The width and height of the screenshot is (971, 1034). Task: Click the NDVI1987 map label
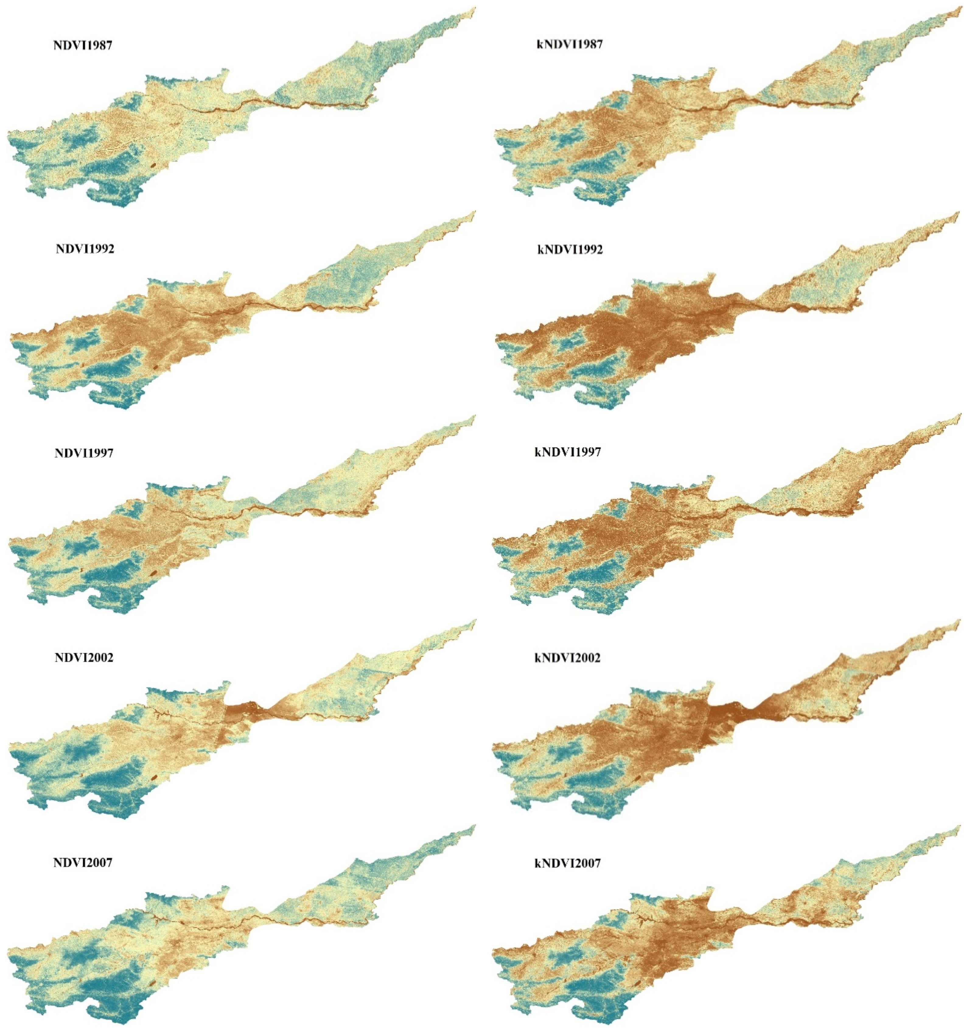(x=83, y=45)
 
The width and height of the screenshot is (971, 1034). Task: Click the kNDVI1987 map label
(x=569, y=44)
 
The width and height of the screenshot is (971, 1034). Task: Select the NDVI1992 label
(x=85, y=249)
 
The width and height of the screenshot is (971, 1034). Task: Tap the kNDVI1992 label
(x=570, y=250)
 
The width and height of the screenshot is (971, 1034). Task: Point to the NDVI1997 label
(x=84, y=453)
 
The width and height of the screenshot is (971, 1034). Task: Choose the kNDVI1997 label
(x=568, y=452)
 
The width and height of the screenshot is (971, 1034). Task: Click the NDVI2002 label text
(x=84, y=657)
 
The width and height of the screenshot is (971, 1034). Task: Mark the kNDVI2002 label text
(x=568, y=658)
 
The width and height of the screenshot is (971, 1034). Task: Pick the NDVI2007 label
(x=83, y=862)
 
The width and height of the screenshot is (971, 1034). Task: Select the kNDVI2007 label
(x=568, y=864)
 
